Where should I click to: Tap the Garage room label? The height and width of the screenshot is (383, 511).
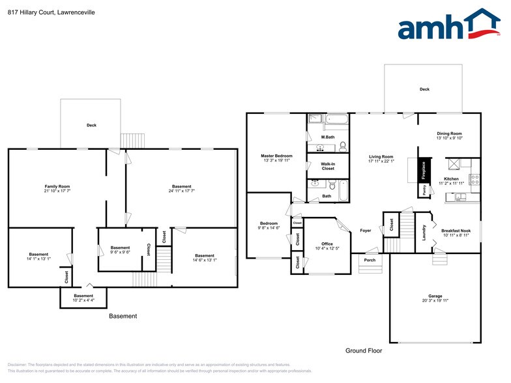tap(435, 296)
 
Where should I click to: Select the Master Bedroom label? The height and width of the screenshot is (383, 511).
tap(276, 156)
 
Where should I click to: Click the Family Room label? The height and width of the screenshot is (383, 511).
tap(57, 186)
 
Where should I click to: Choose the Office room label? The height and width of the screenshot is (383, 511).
tap(327, 244)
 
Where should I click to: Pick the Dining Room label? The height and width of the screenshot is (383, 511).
tap(449, 134)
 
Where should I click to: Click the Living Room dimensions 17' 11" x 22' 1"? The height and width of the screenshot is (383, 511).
tap(381, 162)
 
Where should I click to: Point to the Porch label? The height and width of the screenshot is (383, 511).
tap(370, 261)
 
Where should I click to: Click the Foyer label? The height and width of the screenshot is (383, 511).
tap(366, 231)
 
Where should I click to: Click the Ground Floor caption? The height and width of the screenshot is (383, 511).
tap(364, 350)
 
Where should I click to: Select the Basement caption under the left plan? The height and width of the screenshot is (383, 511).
tap(123, 316)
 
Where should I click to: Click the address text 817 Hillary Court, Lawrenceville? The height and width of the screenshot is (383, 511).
tap(51, 12)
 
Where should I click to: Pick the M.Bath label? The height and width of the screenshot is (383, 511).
tap(328, 137)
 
